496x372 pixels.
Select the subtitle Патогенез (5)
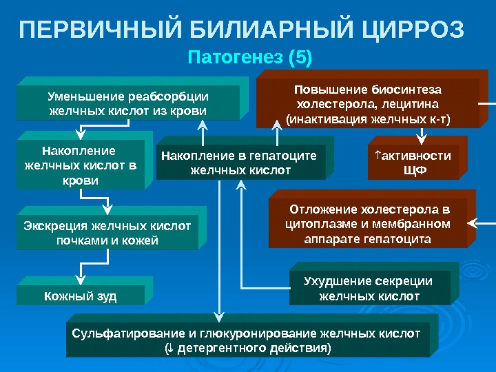pyautogui.click(x=249, y=57)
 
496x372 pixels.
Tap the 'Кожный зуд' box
pyautogui.click(x=80, y=296)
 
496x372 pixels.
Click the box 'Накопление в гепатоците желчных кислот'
pyautogui.click(x=239, y=163)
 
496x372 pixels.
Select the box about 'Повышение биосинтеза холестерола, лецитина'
pyautogui.click(x=368, y=104)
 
